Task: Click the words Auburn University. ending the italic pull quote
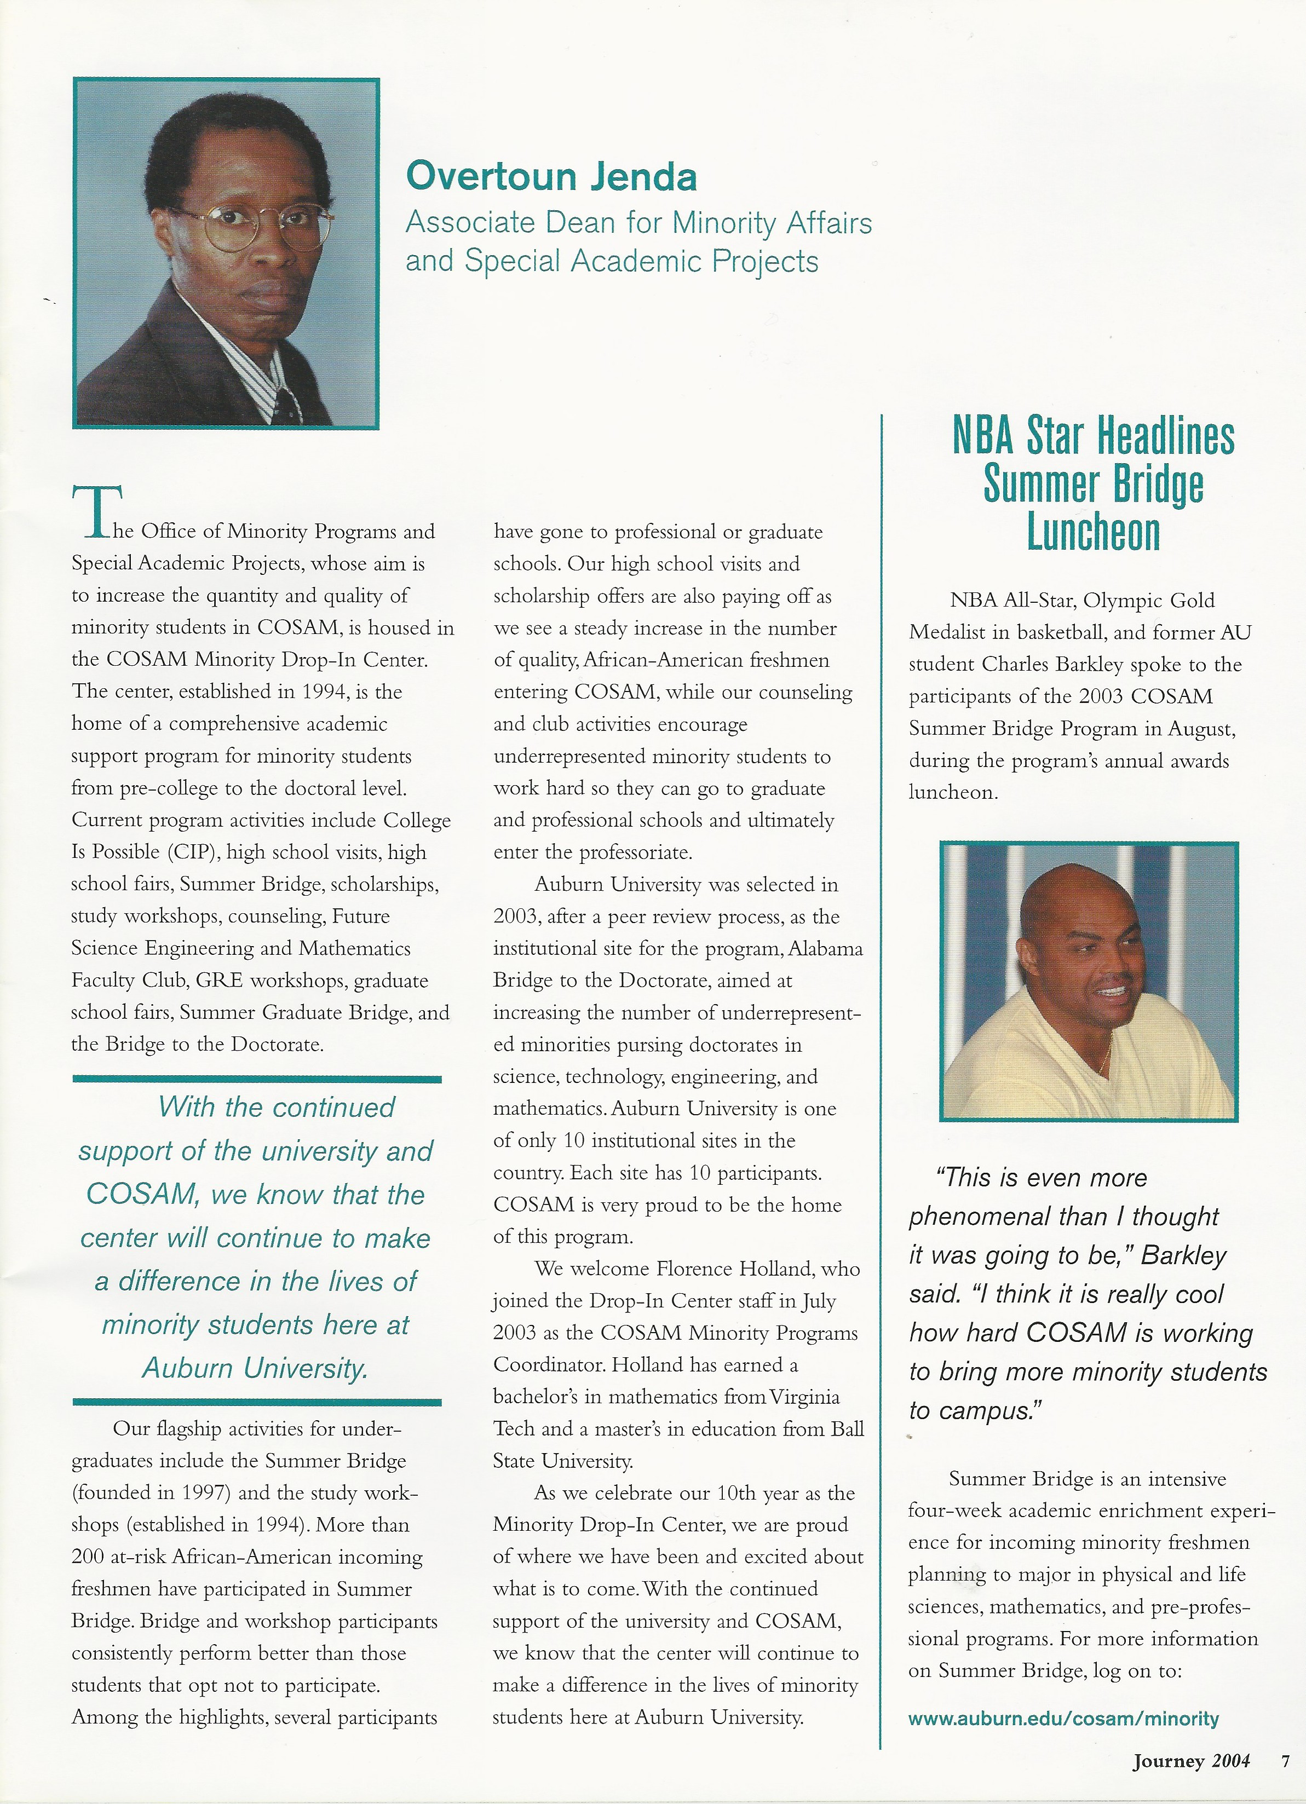click(x=255, y=1369)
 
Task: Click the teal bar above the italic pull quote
click(x=256, y=1079)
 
